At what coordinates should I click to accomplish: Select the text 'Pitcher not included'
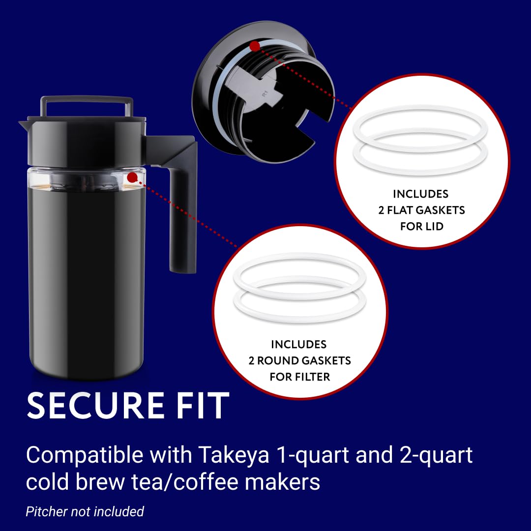(85, 511)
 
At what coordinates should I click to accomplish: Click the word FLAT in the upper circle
(398, 210)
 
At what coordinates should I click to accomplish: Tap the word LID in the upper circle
(433, 226)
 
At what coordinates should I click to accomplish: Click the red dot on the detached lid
(254, 46)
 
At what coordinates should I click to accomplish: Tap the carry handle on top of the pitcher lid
(87, 101)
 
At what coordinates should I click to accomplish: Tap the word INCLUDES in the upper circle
(421, 194)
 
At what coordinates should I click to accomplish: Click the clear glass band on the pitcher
(84, 179)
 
